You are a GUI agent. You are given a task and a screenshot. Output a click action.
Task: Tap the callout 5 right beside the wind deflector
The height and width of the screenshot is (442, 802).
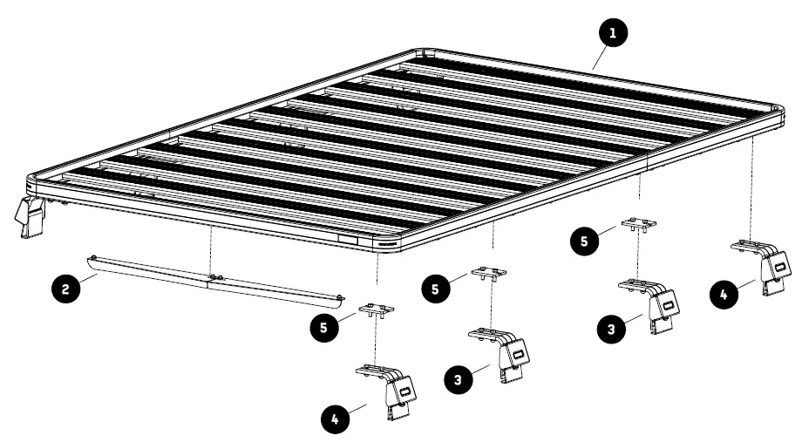pyautogui.click(x=325, y=327)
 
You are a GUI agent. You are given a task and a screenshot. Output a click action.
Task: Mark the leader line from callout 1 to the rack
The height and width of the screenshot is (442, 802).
pyautogui.click(x=598, y=57)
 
